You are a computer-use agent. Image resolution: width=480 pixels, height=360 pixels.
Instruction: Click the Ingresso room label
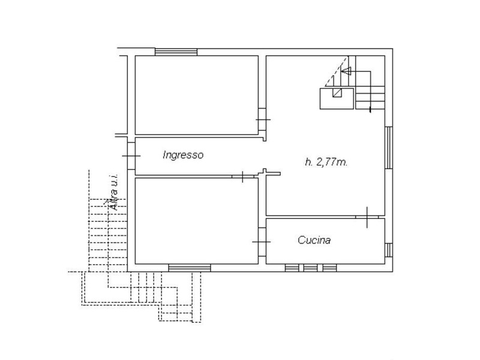[183, 155]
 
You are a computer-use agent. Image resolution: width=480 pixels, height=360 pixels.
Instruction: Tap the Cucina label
[314, 239]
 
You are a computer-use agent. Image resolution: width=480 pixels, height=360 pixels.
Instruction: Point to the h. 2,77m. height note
[326, 161]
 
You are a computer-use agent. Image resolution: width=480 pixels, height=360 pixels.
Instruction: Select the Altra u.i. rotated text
[113, 192]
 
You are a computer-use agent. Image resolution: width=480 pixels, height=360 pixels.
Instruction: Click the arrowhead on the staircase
[346, 71]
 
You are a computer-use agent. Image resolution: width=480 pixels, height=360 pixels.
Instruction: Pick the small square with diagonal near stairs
[337, 92]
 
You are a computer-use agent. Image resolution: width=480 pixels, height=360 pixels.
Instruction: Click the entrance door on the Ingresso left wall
[131, 156]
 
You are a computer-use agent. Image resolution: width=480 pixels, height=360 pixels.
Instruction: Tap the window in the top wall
[176, 52]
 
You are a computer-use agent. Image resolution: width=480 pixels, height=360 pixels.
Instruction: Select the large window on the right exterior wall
[388, 148]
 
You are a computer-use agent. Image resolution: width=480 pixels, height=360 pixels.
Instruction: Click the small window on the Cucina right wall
[388, 250]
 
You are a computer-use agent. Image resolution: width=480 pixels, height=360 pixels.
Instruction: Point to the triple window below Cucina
[311, 268]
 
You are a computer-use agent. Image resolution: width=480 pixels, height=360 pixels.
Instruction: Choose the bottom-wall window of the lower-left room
[190, 268]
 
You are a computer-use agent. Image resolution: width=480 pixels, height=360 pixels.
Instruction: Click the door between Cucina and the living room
[367, 217]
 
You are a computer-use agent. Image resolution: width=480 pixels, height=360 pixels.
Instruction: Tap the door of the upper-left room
[262, 119]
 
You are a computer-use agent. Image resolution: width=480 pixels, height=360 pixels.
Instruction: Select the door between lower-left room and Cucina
[262, 242]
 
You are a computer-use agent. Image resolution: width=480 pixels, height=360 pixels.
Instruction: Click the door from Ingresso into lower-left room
[243, 176]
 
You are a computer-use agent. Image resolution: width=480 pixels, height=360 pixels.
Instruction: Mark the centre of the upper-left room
[197, 95]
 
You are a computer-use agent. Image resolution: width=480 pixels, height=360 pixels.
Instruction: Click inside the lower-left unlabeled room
[197, 221]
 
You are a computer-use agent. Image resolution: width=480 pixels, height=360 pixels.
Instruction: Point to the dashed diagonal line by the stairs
[337, 71]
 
